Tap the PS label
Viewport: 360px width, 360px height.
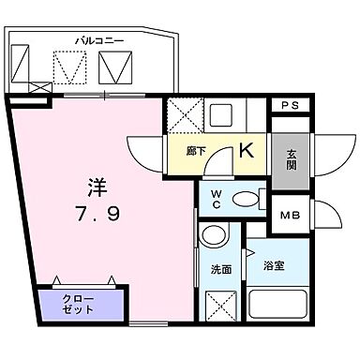point(290,106)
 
